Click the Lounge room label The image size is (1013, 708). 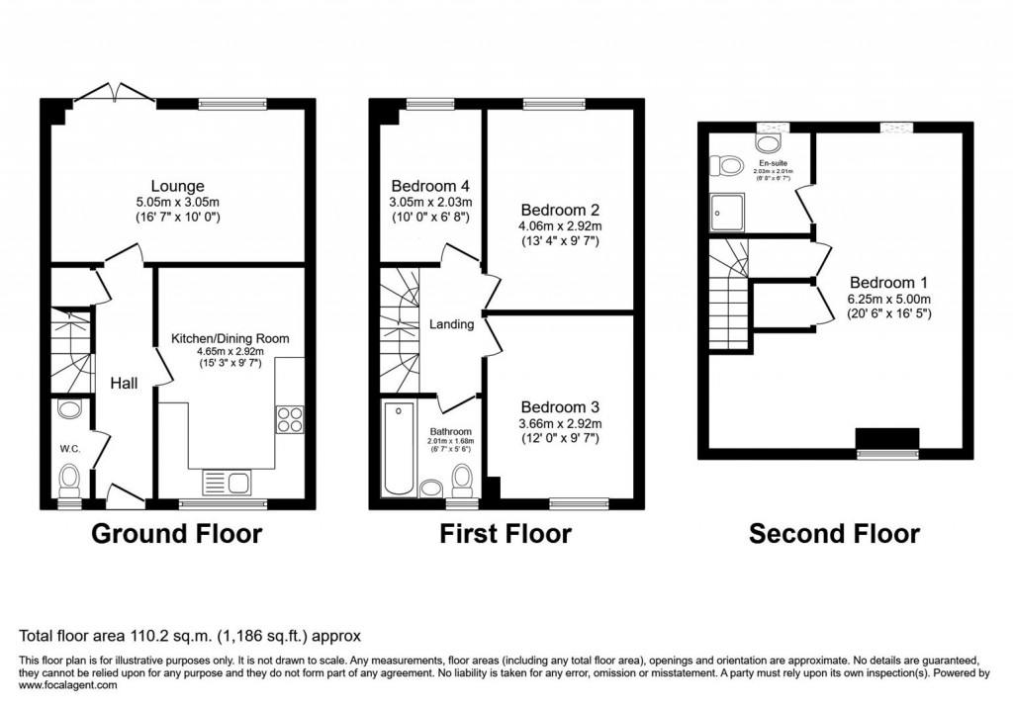point(177,186)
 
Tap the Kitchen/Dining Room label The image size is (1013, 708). point(230,338)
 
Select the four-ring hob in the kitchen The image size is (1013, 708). point(289,420)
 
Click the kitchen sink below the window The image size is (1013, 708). point(229,483)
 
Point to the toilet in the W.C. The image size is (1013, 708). point(69,482)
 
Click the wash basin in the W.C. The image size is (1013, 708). point(69,408)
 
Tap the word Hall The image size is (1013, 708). point(123,384)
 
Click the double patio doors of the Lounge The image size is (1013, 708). point(114,94)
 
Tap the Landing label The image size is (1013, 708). point(451,324)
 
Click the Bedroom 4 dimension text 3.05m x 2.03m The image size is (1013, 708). point(429,202)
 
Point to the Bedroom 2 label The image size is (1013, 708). point(561,210)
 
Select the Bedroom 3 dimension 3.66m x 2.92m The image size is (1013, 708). point(561,423)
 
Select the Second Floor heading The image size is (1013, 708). point(834,535)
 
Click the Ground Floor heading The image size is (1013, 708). point(177,535)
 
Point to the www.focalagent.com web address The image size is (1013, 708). point(68,685)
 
